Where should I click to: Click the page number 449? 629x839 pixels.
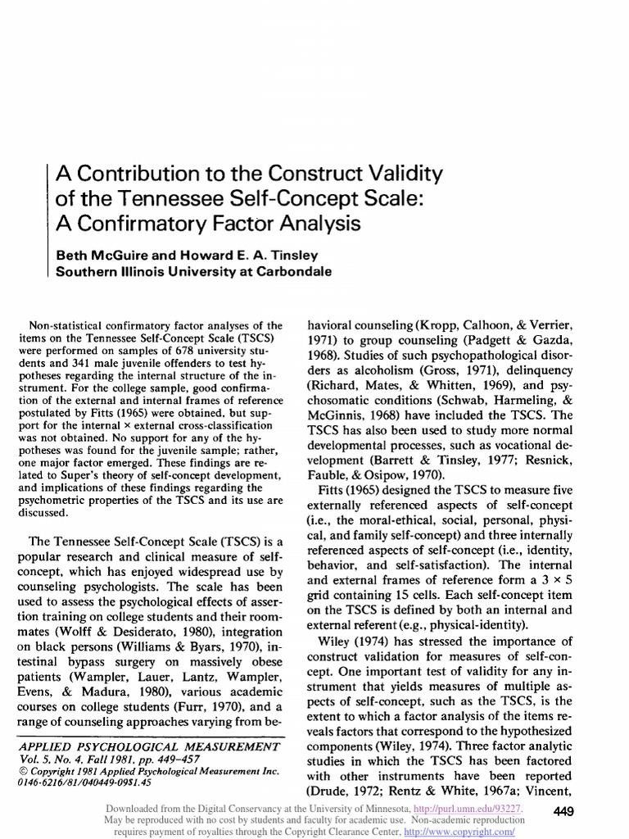pos(564,812)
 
